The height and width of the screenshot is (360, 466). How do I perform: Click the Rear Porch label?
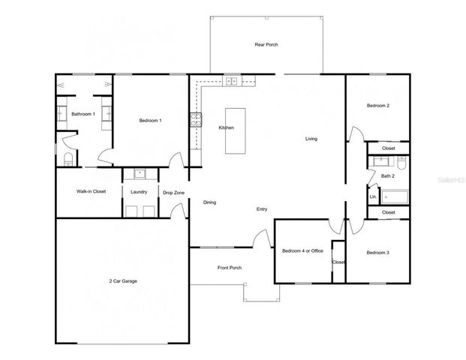click(x=266, y=45)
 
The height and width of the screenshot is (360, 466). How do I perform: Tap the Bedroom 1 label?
click(x=150, y=121)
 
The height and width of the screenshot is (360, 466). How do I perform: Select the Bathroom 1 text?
click(x=83, y=114)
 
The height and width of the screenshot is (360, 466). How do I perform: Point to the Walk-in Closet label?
click(x=91, y=191)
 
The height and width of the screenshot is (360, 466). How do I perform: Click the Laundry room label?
click(x=139, y=191)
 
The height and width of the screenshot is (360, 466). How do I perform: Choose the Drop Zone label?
click(x=173, y=193)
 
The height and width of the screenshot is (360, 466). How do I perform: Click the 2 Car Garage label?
click(x=123, y=281)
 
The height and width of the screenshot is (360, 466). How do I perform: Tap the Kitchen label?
click(x=226, y=127)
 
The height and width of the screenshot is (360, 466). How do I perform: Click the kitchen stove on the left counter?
click(x=195, y=118)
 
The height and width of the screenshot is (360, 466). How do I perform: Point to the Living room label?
click(x=312, y=139)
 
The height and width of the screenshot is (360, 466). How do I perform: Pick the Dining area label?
click(x=210, y=202)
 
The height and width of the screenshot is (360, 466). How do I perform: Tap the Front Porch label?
click(x=230, y=268)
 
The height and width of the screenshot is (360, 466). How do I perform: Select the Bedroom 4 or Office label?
click(x=302, y=250)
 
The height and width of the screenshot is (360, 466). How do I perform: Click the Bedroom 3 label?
click(x=378, y=253)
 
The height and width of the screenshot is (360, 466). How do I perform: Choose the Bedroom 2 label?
click(x=377, y=106)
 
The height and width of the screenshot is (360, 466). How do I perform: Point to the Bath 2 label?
click(x=387, y=176)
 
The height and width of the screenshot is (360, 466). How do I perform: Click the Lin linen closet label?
click(x=372, y=197)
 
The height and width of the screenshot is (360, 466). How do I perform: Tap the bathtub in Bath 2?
click(x=395, y=197)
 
